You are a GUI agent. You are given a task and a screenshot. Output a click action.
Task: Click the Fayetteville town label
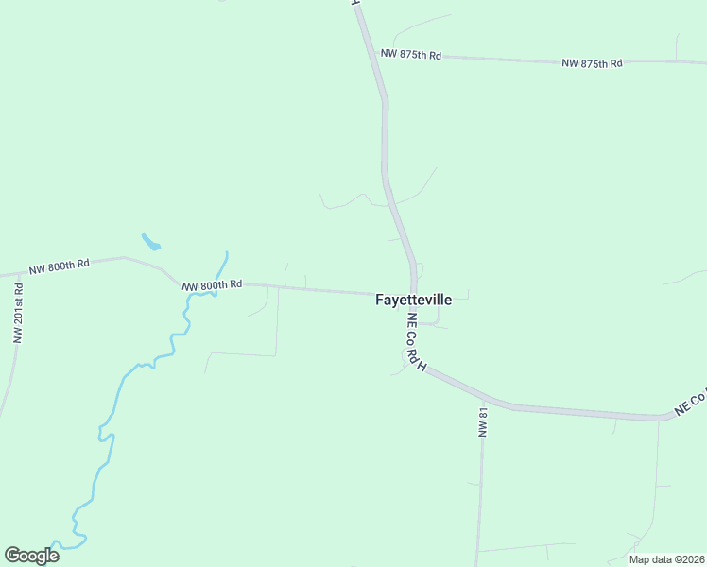click(x=414, y=300)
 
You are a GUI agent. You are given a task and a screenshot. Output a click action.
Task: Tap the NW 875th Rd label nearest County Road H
click(x=411, y=55)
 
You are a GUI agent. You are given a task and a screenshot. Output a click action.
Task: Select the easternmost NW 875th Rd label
click(x=592, y=63)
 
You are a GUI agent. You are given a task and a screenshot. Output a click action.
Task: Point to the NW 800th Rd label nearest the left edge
click(x=59, y=266)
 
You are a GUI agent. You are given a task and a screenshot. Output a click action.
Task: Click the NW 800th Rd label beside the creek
click(x=213, y=284)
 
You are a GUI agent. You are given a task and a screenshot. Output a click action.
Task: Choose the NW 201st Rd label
click(x=17, y=313)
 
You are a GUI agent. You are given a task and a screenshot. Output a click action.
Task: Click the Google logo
click(x=31, y=555)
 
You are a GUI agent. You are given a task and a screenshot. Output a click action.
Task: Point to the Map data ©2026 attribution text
click(x=667, y=559)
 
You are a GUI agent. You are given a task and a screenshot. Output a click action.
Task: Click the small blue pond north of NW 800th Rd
click(x=150, y=242)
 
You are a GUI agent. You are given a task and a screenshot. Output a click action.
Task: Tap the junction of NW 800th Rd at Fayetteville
click(x=413, y=293)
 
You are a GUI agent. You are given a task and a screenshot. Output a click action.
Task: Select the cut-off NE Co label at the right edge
click(x=691, y=403)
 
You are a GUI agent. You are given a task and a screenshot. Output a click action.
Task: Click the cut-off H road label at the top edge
click(x=356, y=4)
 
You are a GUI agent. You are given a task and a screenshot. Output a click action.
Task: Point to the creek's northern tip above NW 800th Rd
click(x=227, y=252)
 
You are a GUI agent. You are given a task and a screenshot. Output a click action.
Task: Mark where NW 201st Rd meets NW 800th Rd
click(x=18, y=274)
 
